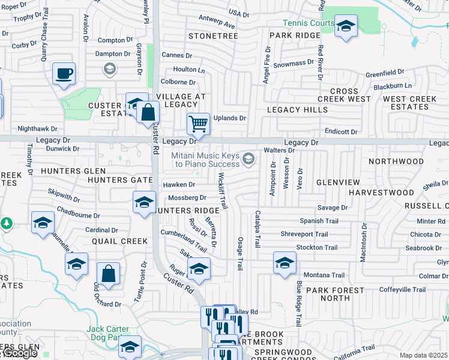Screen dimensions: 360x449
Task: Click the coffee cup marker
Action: pyautogui.click(x=64, y=74)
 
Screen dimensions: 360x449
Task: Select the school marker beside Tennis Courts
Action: pyautogui.click(x=345, y=26)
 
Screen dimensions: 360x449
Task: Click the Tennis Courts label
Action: pyautogui.click(x=309, y=23)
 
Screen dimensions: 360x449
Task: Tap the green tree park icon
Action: pyautogui.click(x=7, y=223)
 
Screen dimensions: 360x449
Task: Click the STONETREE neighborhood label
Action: pyautogui.click(x=213, y=36)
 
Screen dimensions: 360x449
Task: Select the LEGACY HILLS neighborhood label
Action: pyautogui.click(x=297, y=110)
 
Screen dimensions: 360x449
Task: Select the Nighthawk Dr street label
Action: pyautogui.click(x=37, y=128)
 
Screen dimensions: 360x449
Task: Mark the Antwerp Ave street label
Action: pyautogui.click(x=216, y=25)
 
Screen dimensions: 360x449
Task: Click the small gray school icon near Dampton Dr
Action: pyautogui.click(x=109, y=70)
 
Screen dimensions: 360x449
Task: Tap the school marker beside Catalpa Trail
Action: pyautogui.click(x=285, y=262)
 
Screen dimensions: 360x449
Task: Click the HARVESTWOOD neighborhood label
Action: pyautogui.click(x=382, y=193)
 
